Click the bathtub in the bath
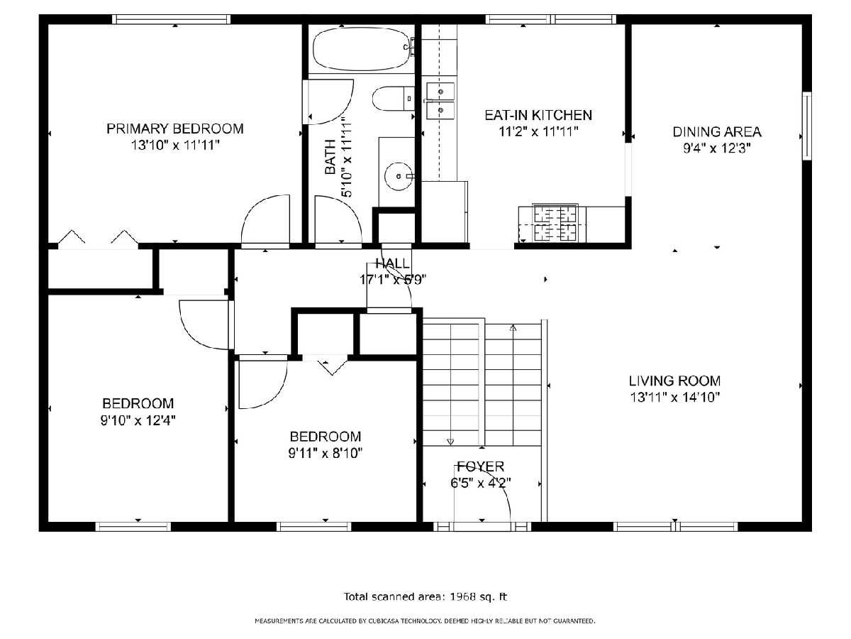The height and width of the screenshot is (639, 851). (x=362, y=49)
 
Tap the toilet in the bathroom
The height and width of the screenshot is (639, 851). (x=393, y=99)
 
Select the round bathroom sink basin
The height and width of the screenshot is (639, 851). (x=399, y=176)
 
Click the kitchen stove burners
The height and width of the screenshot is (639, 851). (x=555, y=223)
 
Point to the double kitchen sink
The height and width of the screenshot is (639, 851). (x=440, y=101)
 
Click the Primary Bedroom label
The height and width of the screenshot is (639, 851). (x=175, y=129)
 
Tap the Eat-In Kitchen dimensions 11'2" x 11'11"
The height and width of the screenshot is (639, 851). (x=538, y=132)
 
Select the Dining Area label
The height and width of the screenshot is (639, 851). (x=717, y=132)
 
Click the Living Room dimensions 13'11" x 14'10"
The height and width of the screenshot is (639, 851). (x=674, y=398)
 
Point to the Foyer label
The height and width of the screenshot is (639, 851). (x=481, y=466)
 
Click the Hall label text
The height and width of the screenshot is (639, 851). (x=392, y=263)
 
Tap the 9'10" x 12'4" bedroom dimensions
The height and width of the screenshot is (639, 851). (x=138, y=420)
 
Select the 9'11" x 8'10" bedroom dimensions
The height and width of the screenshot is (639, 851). (x=326, y=453)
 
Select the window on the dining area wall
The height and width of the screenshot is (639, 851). (x=807, y=126)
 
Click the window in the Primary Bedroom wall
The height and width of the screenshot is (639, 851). (x=172, y=19)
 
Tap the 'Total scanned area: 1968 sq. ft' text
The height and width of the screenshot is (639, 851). (x=425, y=596)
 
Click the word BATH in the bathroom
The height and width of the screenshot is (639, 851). (x=330, y=157)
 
